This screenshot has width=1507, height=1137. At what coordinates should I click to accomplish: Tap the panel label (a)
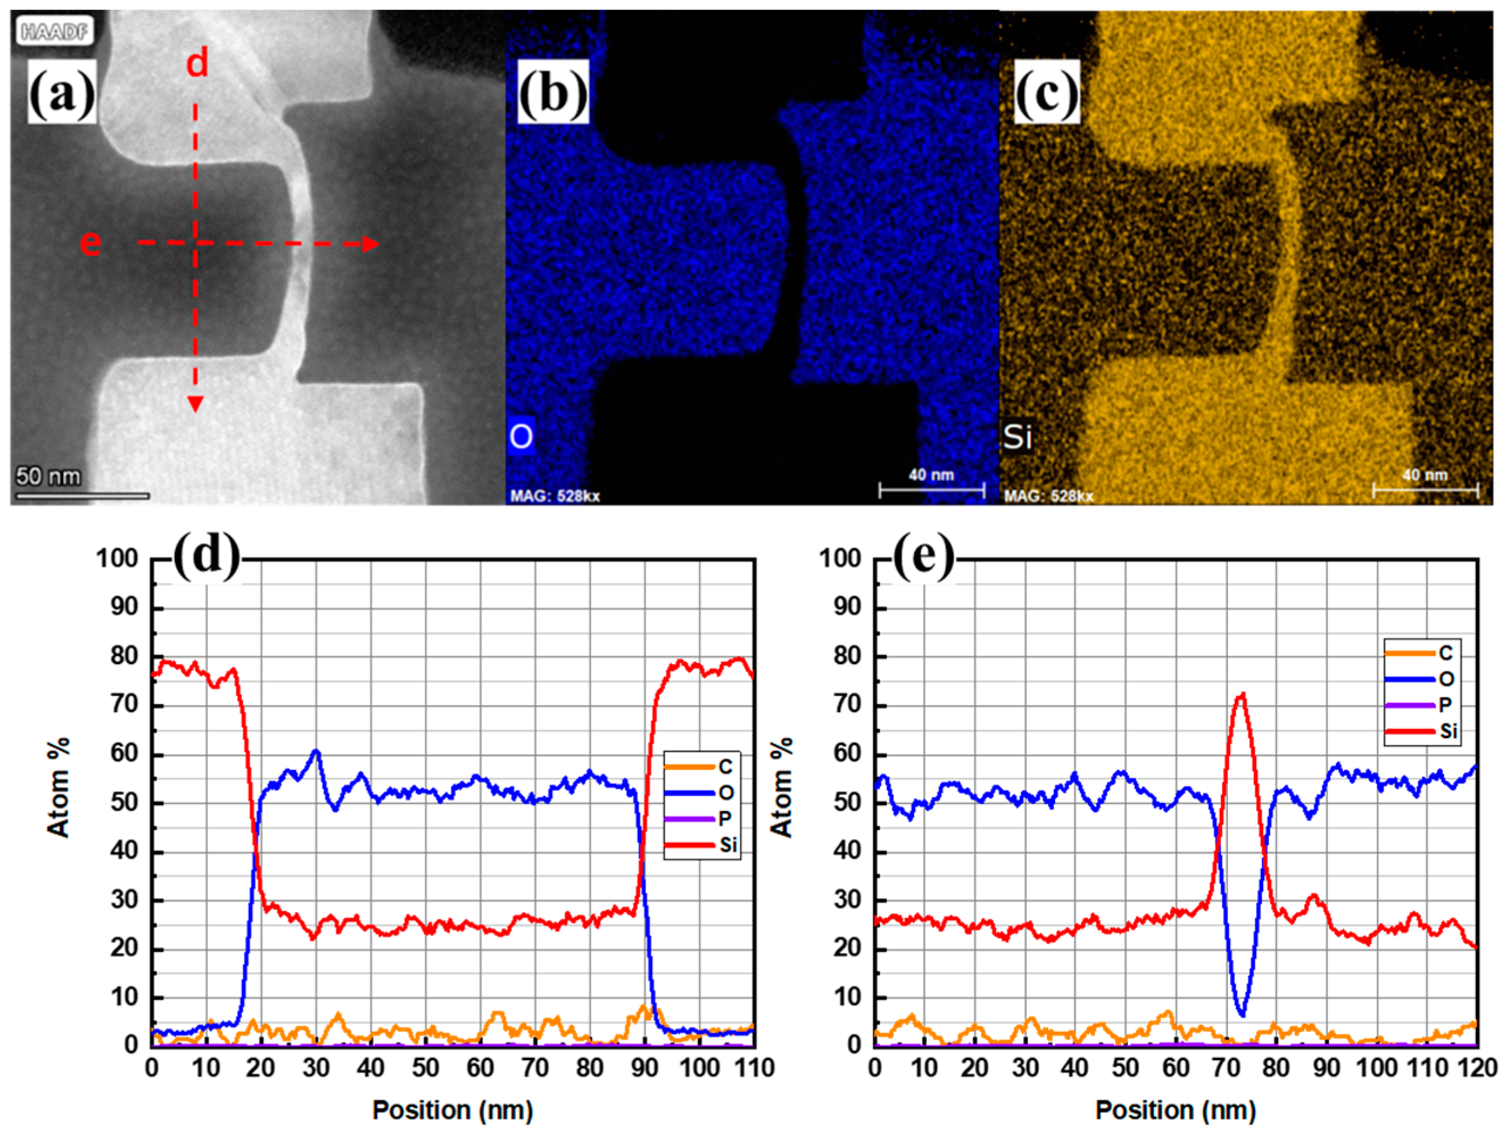[62, 92]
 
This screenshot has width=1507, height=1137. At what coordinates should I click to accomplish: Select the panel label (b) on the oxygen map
[553, 92]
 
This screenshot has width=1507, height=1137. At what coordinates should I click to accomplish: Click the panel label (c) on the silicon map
[1047, 92]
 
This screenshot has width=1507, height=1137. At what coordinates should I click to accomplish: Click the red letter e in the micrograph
[90, 243]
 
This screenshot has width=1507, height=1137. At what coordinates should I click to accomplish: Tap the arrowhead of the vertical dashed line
[196, 405]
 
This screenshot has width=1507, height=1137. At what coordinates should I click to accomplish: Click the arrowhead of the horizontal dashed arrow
[371, 244]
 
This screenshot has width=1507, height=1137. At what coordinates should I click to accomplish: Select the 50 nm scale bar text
[48, 476]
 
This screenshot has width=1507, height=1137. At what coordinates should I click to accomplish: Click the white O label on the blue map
[521, 436]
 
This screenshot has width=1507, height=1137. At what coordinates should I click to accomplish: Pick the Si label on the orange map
[1017, 437]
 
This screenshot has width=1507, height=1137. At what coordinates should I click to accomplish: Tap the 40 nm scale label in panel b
[931, 474]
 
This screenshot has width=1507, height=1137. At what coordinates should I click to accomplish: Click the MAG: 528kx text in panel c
[1048, 496]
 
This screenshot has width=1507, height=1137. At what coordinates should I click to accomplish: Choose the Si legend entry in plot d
[728, 846]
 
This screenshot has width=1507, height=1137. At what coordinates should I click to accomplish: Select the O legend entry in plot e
[1446, 679]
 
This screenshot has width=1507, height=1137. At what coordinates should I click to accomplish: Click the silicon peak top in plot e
[1242, 695]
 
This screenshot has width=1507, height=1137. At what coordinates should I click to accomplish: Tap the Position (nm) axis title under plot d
[452, 1110]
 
